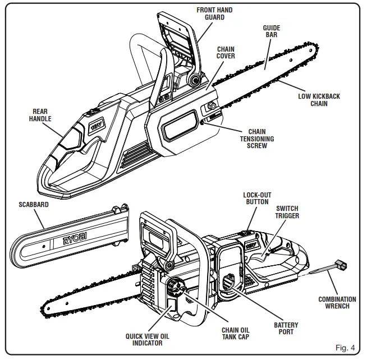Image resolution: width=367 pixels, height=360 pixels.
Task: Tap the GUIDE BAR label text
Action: (272, 31)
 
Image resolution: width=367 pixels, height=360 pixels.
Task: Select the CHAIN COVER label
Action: (226, 53)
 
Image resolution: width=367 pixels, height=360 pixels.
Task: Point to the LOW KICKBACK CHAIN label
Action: (319, 100)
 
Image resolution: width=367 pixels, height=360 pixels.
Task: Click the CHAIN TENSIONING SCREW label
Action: (257, 139)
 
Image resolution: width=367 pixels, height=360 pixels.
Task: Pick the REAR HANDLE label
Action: (40, 115)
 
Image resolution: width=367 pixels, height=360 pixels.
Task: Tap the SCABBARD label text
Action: (34, 205)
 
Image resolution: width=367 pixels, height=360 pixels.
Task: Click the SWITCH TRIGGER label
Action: (287, 212)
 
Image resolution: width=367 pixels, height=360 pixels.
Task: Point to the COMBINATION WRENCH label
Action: (337, 303)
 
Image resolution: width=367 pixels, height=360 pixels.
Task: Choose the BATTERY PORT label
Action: (286, 329)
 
